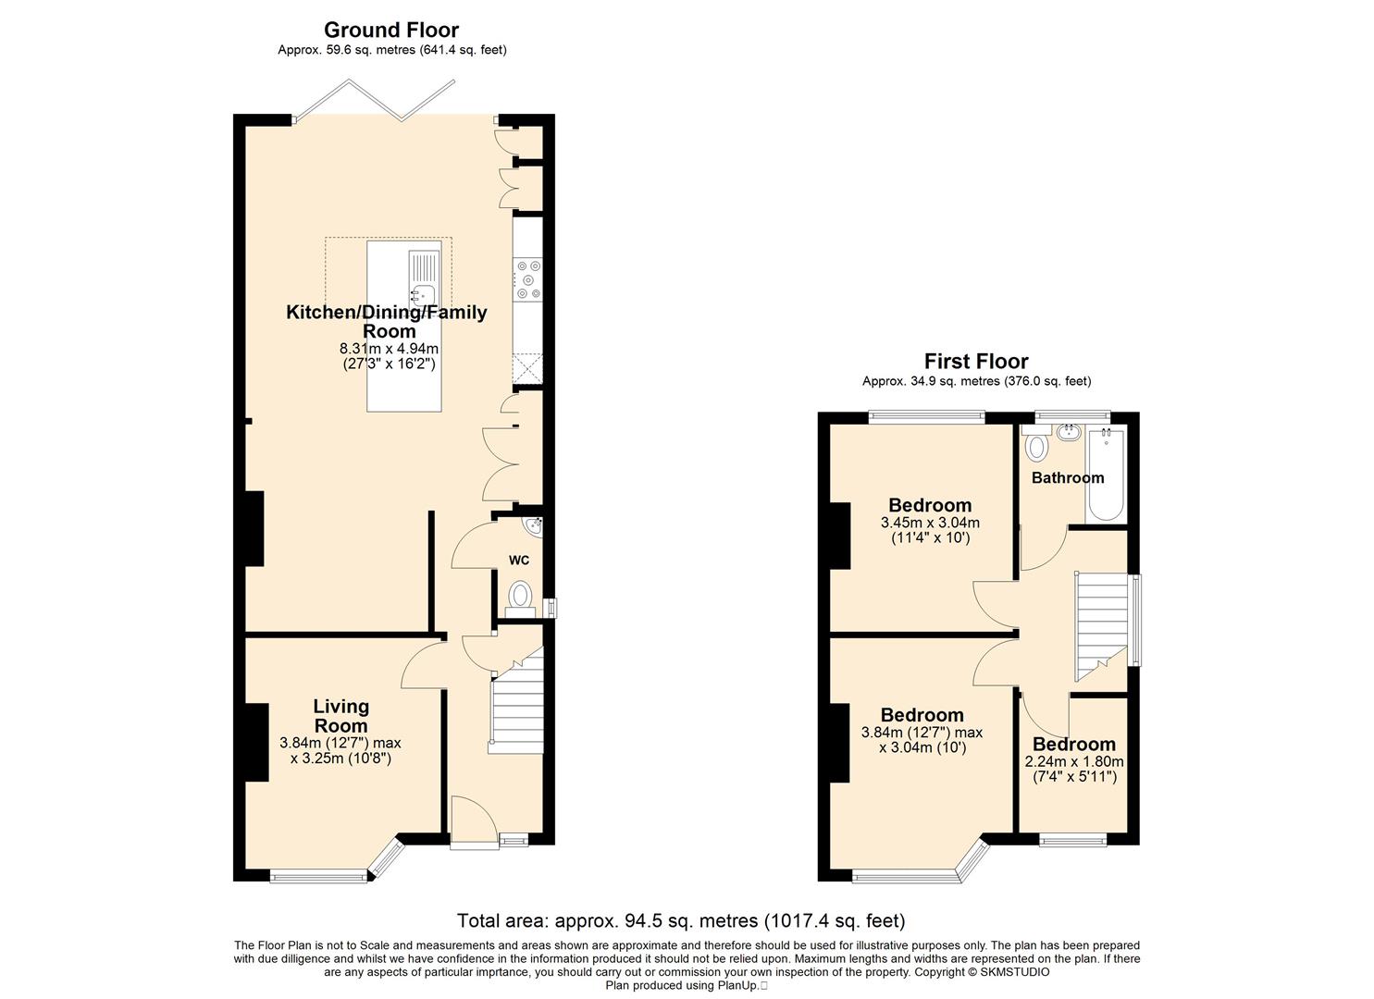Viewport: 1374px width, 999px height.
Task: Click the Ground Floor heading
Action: [x=391, y=30]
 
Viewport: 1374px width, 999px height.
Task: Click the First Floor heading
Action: [x=976, y=361]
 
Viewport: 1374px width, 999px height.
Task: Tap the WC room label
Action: [x=519, y=560]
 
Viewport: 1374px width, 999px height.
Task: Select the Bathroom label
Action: [x=1068, y=477]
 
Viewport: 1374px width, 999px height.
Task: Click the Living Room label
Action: [x=341, y=716]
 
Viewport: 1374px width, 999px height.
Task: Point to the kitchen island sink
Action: [x=423, y=294]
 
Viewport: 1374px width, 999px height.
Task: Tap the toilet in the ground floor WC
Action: [x=520, y=598]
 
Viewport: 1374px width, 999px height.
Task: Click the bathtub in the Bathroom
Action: [x=1106, y=475]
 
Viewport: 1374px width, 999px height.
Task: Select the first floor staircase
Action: [x=1102, y=627]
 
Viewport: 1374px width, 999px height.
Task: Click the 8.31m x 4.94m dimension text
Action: [x=389, y=349]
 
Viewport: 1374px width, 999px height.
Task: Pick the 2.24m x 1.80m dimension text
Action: [x=1074, y=761]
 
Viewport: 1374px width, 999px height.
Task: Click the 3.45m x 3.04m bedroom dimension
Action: [x=930, y=524]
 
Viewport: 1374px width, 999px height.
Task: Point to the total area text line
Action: [x=681, y=920]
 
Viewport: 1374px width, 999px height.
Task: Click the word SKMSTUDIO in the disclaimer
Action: [x=1015, y=972]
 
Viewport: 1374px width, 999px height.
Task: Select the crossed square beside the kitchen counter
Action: [x=528, y=369]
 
